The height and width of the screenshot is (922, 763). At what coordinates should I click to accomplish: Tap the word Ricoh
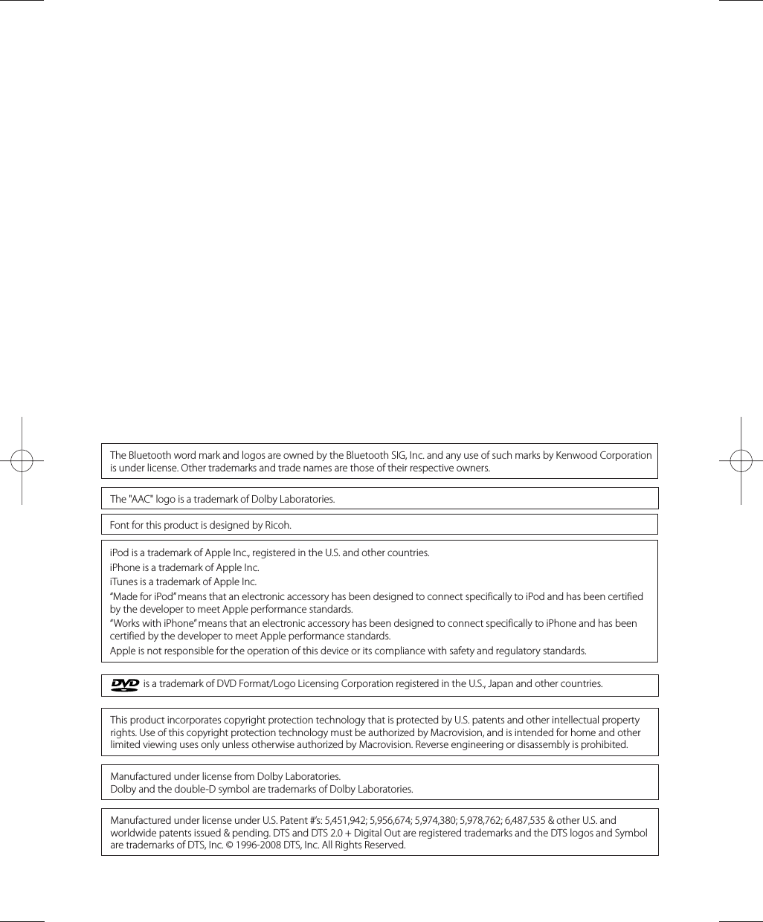(278, 525)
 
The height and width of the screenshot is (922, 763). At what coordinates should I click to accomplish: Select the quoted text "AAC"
(142, 499)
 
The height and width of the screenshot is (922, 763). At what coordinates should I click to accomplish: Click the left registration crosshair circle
(22, 461)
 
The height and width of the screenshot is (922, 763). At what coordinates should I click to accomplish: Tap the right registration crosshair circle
(741, 461)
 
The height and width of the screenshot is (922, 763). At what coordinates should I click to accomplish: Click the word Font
(119, 525)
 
